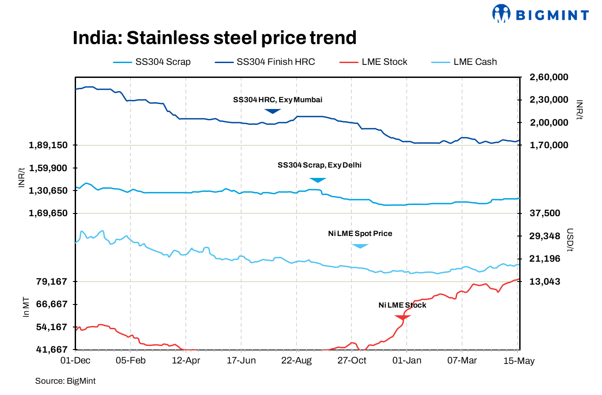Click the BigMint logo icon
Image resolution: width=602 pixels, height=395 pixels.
[502, 14]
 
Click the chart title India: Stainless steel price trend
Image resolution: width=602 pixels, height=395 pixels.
[215, 38]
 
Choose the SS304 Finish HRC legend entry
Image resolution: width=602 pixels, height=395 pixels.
[265, 62]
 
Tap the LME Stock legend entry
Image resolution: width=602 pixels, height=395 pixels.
[373, 62]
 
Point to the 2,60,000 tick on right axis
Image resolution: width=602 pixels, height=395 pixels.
[543, 77]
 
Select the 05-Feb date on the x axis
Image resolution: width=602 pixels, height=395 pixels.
[130, 361]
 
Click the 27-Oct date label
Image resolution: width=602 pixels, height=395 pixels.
[351, 361]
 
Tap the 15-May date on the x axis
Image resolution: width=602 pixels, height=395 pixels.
[518, 361]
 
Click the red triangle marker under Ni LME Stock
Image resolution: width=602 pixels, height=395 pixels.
[403, 318]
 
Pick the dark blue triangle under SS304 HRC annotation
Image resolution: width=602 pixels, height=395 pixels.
[272, 111]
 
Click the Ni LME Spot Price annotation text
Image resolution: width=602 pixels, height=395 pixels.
[360, 234]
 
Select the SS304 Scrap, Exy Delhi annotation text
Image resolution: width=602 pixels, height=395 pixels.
[319, 165]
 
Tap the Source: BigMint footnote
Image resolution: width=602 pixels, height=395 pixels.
[65, 381]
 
